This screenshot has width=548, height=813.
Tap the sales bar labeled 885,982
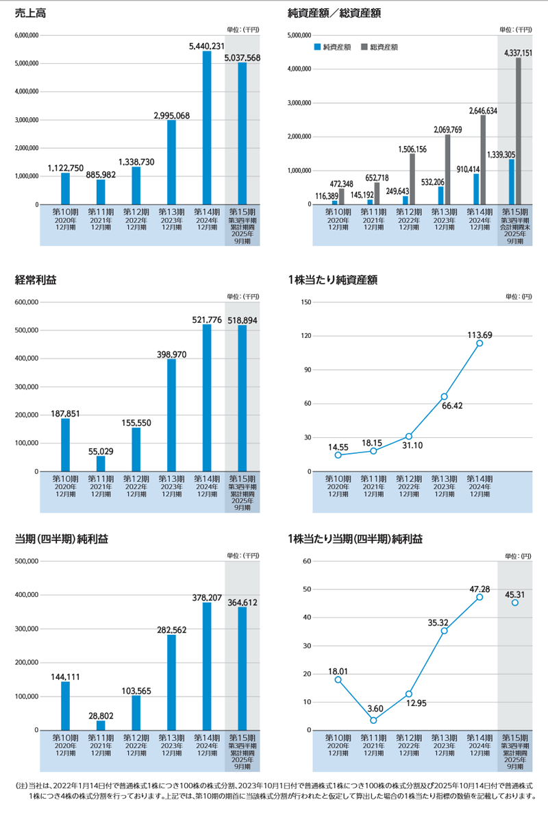point(101,191)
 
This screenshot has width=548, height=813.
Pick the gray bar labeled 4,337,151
point(519,130)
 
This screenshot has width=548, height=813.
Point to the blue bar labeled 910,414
point(476,189)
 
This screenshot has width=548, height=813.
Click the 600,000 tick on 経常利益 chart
point(26,302)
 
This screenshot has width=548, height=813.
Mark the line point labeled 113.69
point(480,343)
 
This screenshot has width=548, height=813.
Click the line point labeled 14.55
point(338,455)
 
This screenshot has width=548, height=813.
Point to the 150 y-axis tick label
point(306,302)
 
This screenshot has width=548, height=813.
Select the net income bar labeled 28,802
point(101,725)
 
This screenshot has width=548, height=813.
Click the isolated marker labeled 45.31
point(515,603)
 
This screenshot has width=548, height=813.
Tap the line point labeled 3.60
point(373,720)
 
